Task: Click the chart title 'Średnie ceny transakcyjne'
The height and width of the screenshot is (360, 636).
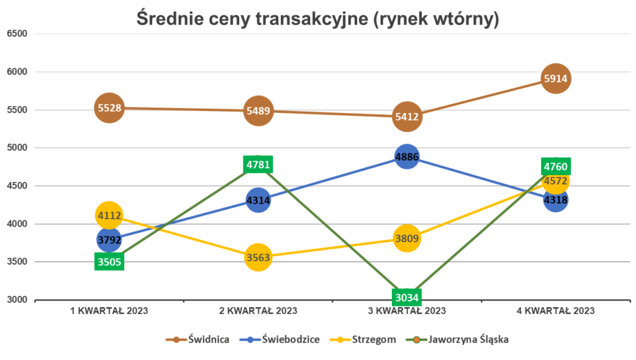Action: pyautogui.click(x=317, y=20)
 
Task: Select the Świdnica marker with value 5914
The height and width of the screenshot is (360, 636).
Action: pyautogui.click(x=555, y=79)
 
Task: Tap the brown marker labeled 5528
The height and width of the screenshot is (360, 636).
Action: pyautogui.click(x=109, y=108)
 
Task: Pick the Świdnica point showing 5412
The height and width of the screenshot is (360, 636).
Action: pyautogui.click(x=407, y=116)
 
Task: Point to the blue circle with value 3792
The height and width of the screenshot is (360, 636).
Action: pyautogui.click(x=109, y=239)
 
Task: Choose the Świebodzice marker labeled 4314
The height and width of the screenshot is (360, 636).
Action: pyautogui.click(x=258, y=200)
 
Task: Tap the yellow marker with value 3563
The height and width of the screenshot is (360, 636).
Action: pyautogui.click(x=258, y=258)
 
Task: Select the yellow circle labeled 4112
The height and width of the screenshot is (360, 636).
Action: pyautogui.click(x=109, y=215)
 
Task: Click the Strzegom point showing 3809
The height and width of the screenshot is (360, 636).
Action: pyautogui.click(x=407, y=238)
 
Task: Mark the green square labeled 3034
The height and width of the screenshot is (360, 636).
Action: pyautogui.click(x=407, y=297)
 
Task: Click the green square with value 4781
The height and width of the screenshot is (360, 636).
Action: pyautogui.click(x=258, y=164)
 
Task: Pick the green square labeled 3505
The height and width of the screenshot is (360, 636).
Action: pyautogui.click(x=109, y=261)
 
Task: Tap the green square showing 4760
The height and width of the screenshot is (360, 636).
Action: pyautogui.click(x=555, y=166)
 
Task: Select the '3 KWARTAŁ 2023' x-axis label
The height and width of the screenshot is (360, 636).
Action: pyautogui.click(x=407, y=311)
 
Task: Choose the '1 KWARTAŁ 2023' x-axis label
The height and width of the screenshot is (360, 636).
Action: pyautogui.click(x=109, y=311)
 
